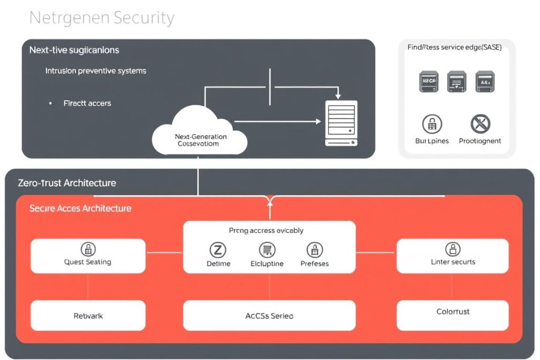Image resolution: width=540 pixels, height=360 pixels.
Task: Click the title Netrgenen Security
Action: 102,18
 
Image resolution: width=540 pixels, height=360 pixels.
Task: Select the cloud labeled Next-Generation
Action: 200,134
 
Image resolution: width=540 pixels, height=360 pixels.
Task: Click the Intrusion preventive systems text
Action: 95,71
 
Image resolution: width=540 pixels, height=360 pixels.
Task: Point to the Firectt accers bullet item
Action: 87,103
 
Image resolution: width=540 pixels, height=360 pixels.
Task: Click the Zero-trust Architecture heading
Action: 67,183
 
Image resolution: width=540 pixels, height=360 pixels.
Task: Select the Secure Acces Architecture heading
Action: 80,208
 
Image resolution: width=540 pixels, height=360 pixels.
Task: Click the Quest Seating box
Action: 88,256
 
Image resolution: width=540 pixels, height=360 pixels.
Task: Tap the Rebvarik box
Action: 88,316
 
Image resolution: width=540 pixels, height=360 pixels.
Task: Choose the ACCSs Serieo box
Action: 269,316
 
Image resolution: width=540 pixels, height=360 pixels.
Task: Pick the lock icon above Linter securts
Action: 453,249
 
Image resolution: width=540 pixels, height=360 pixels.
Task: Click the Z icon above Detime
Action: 218,250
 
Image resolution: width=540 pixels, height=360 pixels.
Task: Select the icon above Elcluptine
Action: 267,250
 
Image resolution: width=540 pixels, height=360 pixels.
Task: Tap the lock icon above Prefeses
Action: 315,250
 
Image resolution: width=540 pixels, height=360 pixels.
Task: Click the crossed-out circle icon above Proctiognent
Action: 480,124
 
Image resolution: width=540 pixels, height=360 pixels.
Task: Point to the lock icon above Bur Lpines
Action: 432,124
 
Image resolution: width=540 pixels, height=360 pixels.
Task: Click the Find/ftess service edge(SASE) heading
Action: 454,47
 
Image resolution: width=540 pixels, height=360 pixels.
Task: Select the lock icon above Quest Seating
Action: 88,249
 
